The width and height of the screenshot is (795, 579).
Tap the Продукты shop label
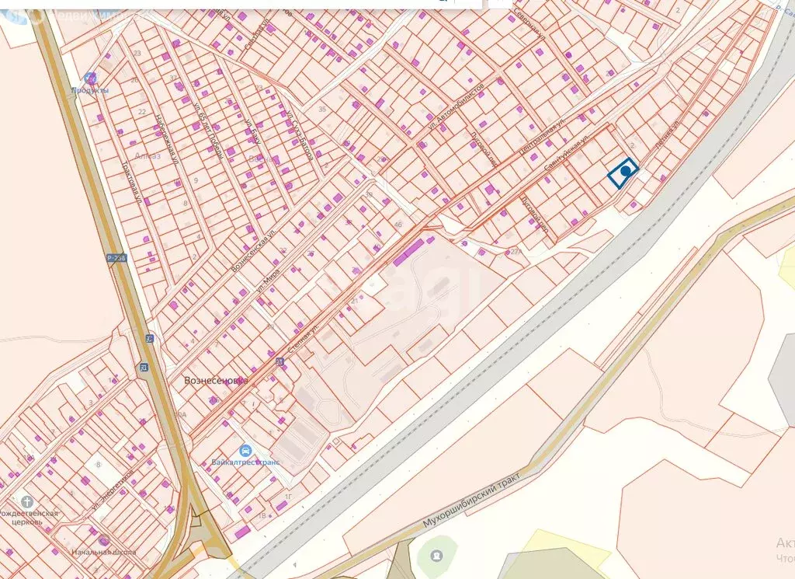click(90, 90)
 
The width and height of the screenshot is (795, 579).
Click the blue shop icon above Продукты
click(90, 78)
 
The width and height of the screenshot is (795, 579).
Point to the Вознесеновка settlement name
click(215, 381)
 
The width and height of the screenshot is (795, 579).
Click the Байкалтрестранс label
click(245, 462)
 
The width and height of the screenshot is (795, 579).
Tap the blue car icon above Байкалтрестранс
click(245, 450)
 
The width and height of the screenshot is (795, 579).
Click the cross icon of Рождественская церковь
click(29, 501)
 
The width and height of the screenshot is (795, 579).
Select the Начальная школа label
click(103, 552)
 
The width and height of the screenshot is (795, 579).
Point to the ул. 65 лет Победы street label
click(207, 131)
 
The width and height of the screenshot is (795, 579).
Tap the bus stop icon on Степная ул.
click(279, 361)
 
